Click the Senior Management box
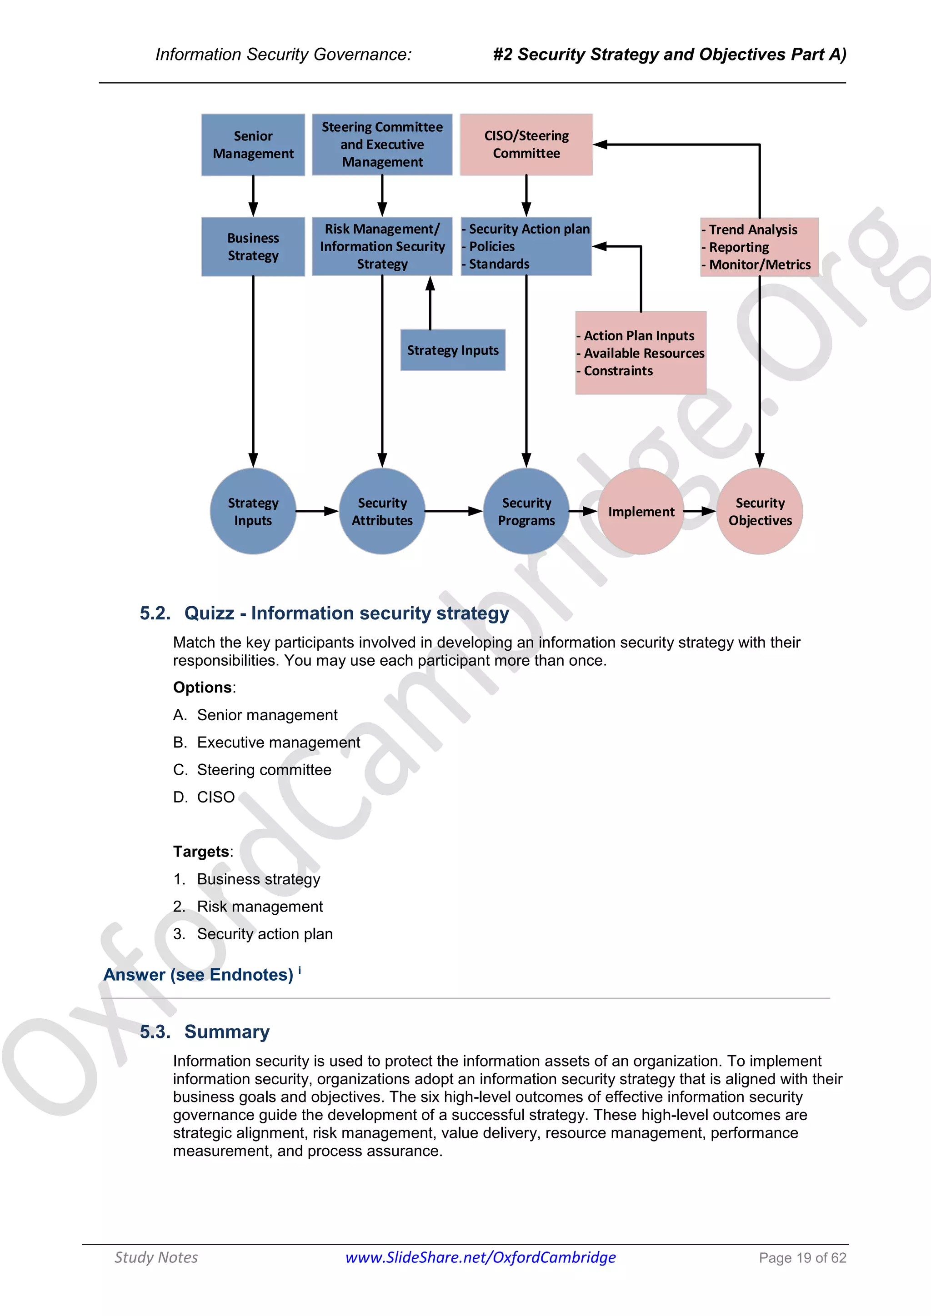(253, 145)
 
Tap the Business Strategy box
(253, 246)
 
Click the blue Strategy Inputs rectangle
(452, 350)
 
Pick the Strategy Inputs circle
(253, 511)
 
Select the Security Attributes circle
(382, 511)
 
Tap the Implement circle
(641, 511)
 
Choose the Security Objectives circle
(760, 511)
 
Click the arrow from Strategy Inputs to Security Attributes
(317, 511)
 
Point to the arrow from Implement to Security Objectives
(700, 511)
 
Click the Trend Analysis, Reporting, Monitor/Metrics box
(760, 247)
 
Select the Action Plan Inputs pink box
(641, 353)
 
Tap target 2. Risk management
(260, 907)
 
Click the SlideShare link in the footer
(481, 1257)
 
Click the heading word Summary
(227, 1032)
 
